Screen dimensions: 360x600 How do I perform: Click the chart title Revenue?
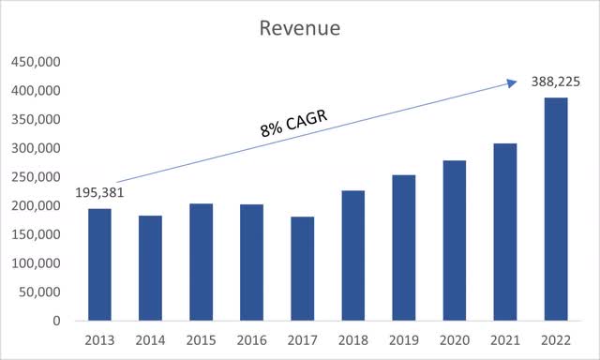pos(300,29)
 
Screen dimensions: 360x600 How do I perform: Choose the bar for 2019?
pos(404,247)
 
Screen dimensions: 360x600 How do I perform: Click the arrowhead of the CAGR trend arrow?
pos(511,82)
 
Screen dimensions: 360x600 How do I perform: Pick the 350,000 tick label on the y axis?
pos(34,120)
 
